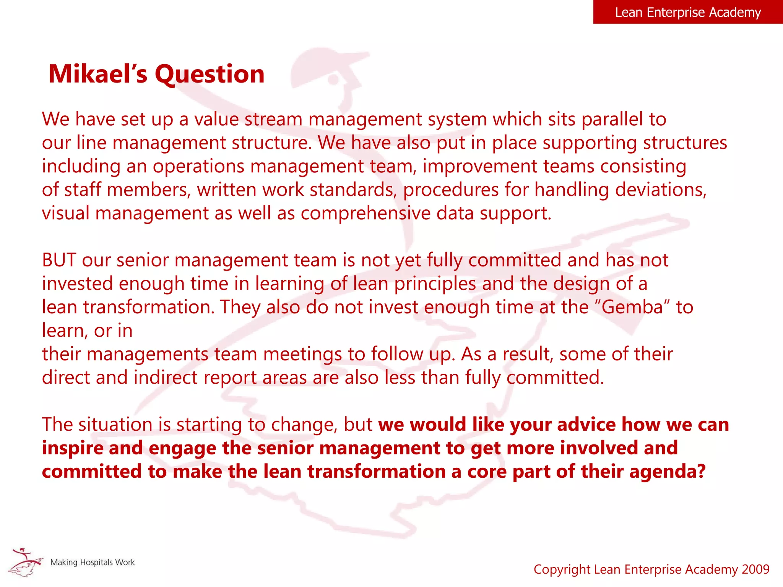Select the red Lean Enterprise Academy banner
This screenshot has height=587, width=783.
click(687, 12)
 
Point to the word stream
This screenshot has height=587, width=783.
click(273, 119)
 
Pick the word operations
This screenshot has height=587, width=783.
click(198, 167)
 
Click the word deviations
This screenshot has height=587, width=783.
click(661, 190)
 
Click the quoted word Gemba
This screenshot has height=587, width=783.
click(632, 307)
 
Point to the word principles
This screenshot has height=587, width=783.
click(435, 284)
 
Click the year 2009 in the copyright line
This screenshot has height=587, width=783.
click(755, 569)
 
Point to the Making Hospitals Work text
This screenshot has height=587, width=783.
click(93, 563)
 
